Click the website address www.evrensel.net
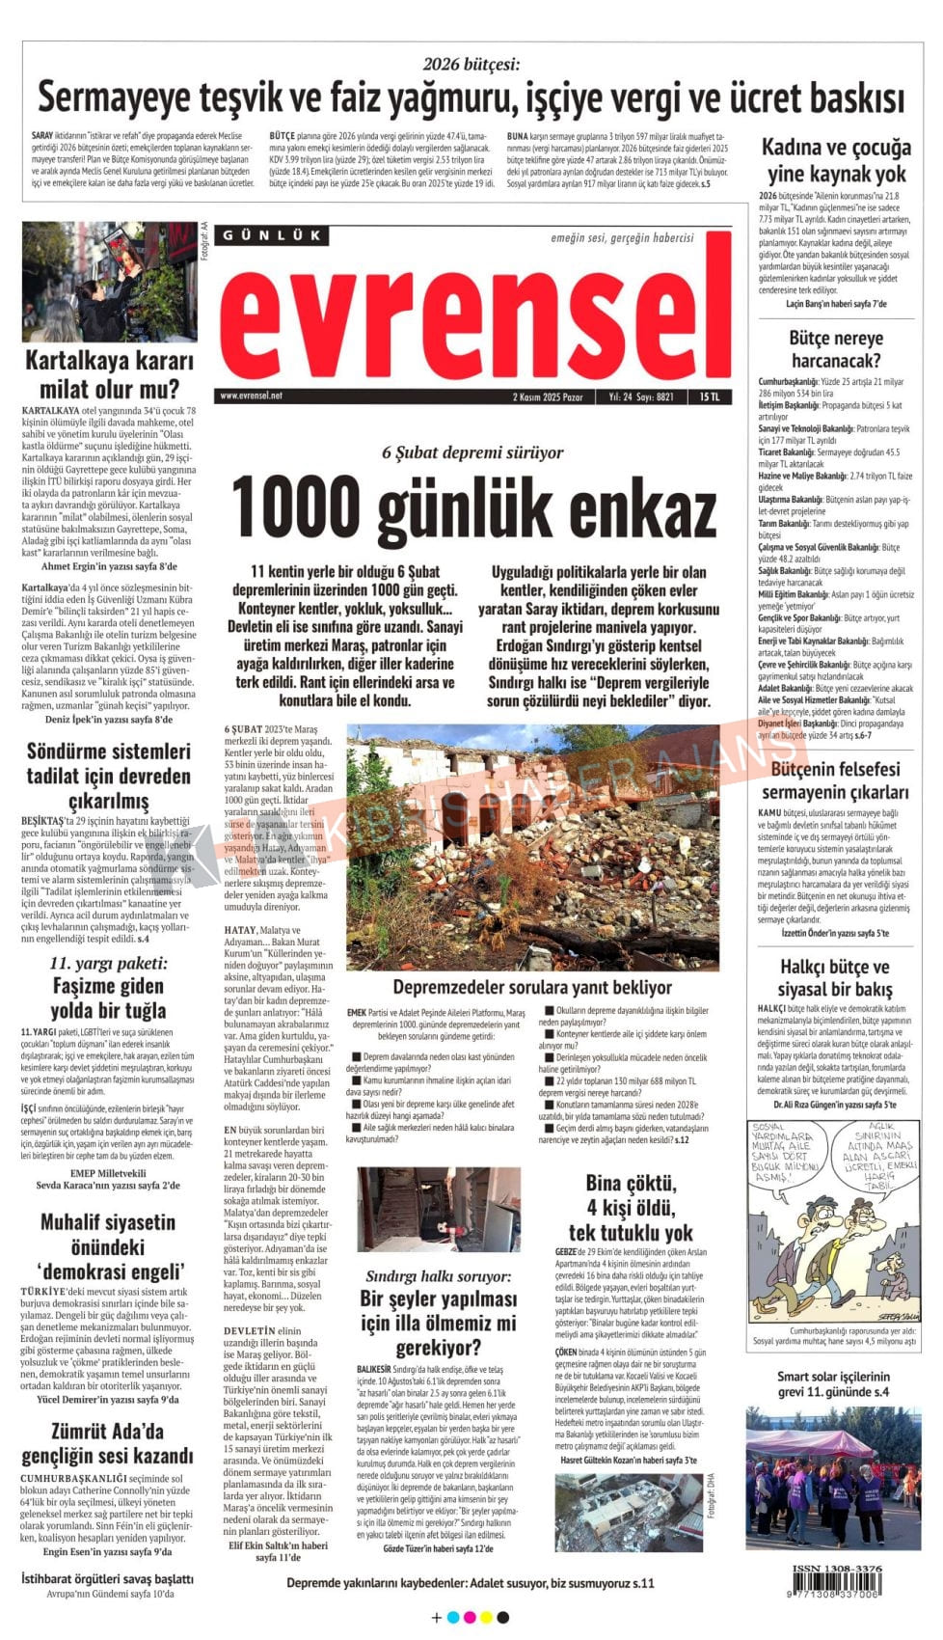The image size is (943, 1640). tap(251, 396)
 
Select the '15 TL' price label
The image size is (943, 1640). tap(710, 396)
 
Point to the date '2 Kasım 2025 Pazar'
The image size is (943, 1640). tap(548, 396)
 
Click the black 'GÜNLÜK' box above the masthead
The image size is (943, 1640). tap(272, 235)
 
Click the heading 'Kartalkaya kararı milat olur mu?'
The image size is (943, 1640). tap(109, 374)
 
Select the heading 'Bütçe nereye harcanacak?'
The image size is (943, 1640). tap(835, 349)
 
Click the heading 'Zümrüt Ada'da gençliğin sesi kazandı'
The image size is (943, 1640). tap(108, 1443)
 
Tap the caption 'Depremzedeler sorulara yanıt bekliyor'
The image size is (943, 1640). tap(532, 987)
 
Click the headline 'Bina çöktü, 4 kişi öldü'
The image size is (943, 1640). tap(631, 1206)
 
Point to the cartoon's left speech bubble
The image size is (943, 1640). tap(783, 1154)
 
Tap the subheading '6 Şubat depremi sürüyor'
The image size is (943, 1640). tap(472, 451)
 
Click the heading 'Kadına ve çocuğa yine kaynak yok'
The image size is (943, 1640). tap(835, 160)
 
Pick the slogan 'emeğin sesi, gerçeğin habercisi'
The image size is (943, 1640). tap(622, 237)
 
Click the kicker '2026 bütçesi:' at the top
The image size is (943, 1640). tap(471, 65)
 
